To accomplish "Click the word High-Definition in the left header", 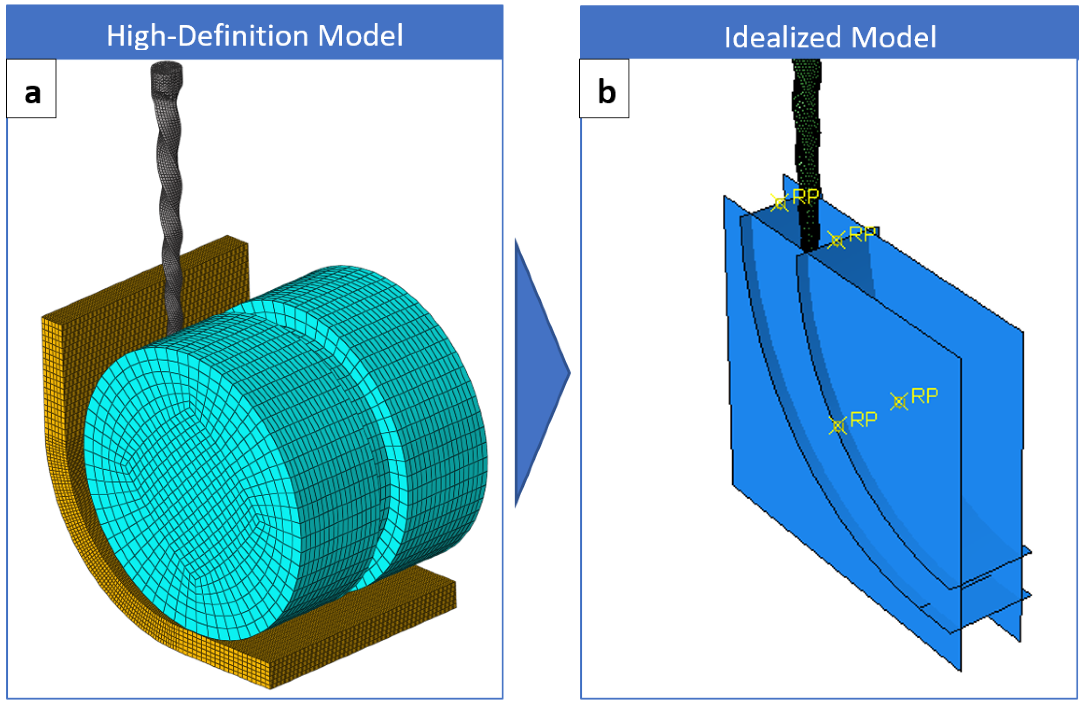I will [x=207, y=35].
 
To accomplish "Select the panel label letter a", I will [x=32, y=93].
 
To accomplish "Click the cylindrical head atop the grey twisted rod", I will [x=167, y=78].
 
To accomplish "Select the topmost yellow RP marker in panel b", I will [x=779, y=202].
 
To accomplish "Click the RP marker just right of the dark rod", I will [x=836, y=240].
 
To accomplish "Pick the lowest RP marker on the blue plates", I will [x=837, y=426].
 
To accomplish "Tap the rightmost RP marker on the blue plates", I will [x=899, y=402].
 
